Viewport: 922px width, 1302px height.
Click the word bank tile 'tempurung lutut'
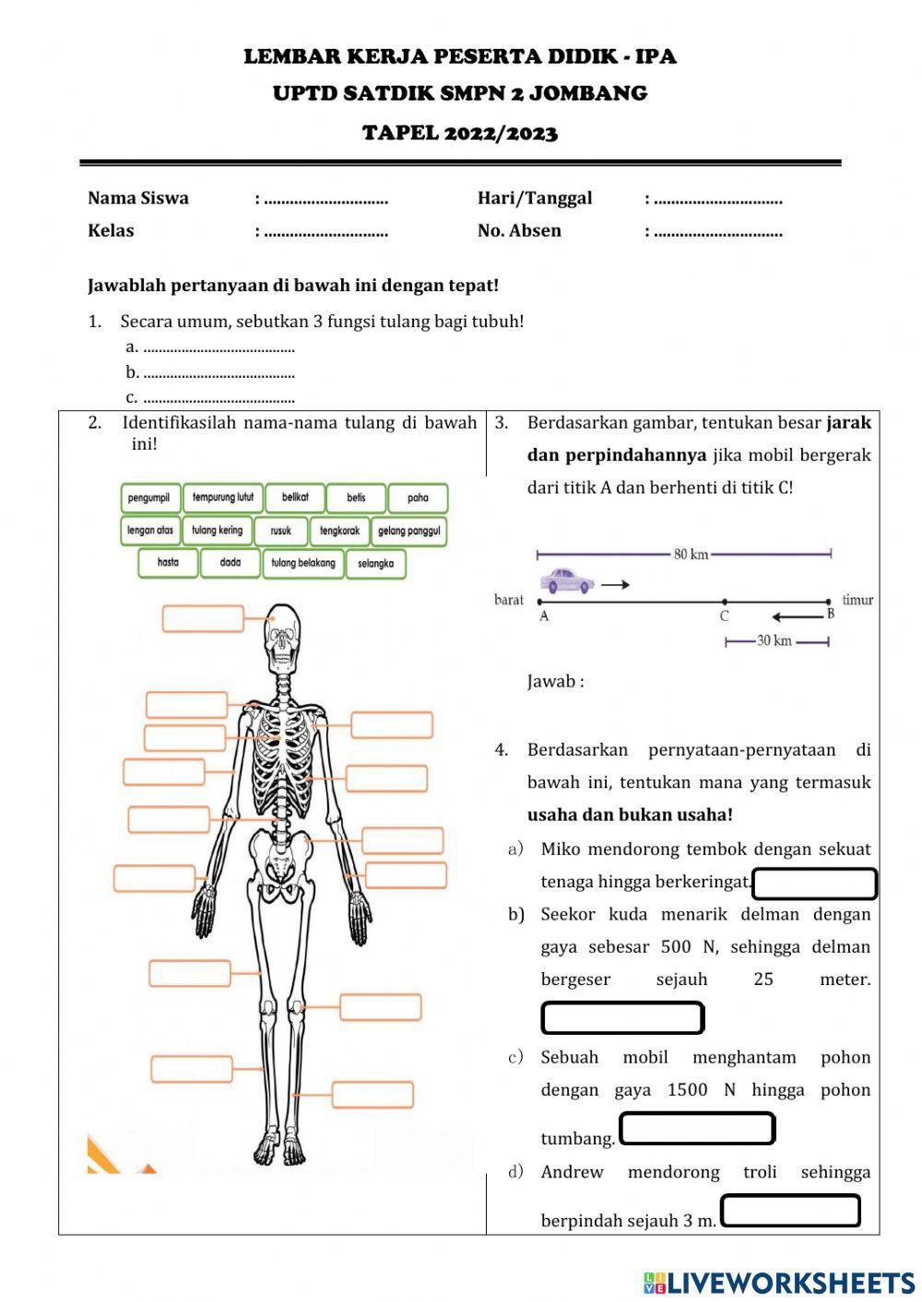pos(223,498)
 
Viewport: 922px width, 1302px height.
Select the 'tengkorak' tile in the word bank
pos(339,531)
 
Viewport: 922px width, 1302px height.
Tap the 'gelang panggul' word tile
pos(408,531)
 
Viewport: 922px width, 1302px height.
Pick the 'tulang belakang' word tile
pos(303,563)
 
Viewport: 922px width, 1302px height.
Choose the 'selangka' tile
pos(375,564)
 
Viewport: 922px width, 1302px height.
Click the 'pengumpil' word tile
pos(149,499)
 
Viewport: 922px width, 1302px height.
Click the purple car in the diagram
pos(567,581)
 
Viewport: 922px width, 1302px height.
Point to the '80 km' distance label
pos(691,555)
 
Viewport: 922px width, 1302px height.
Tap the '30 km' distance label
pos(774,641)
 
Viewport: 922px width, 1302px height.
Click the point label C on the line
pos(725,616)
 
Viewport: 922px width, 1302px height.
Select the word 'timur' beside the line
pos(857,600)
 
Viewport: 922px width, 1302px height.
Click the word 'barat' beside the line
pos(509,600)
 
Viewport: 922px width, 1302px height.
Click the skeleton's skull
pos(283,635)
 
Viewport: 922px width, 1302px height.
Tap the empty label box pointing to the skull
pos(203,618)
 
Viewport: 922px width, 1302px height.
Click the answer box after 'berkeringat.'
pos(814,884)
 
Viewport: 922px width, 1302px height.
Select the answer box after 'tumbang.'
pos(697,1129)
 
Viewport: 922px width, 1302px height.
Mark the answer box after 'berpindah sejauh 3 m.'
pos(790,1211)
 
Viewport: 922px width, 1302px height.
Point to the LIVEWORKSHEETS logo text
pos(779,1283)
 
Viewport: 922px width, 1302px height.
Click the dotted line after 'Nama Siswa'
pos(326,199)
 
